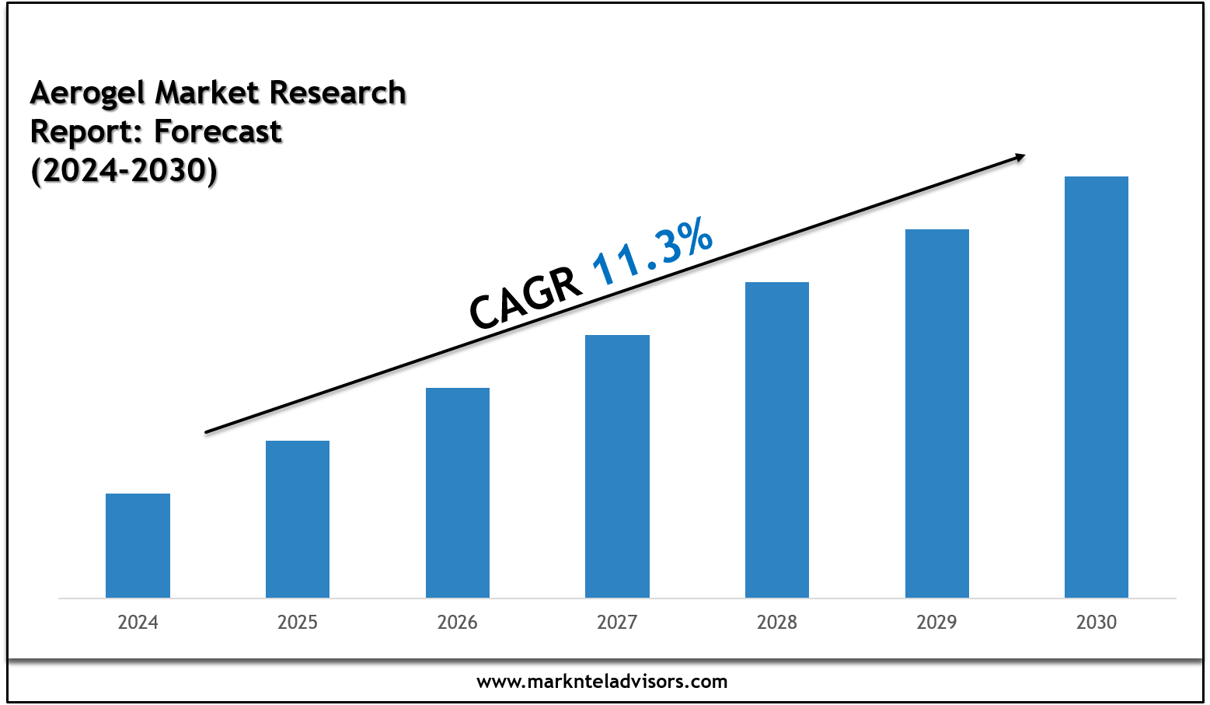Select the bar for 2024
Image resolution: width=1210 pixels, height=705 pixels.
pyautogui.click(x=138, y=545)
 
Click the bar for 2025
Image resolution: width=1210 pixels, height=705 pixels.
pyautogui.click(x=298, y=518)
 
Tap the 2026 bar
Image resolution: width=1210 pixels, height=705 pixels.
pyautogui.click(x=458, y=492)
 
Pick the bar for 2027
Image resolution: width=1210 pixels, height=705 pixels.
pyautogui.click(x=617, y=466)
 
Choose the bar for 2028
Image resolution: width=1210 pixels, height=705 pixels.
pyautogui.click(x=777, y=439)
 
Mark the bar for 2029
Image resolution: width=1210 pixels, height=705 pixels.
pyautogui.click(x=937, y=413)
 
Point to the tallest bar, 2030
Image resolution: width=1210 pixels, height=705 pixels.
pyautogui.click(x=1097, y=386)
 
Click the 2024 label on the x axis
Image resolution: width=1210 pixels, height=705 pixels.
pyautogui.click(x=138, y=623)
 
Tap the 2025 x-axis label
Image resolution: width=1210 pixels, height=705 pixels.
pyautogui.click(x=298, y=623)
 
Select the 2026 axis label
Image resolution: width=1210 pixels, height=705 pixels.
pyautogui.click(x=458, y=623)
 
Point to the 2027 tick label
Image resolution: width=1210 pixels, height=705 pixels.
pyautogui.click(x=617, y=623)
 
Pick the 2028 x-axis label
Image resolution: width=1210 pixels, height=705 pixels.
pyautogui.click(x=777, y=623)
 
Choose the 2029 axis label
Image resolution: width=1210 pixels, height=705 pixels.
pyautogui.click(x=937, y=623)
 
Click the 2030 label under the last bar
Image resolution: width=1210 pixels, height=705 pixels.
pyautogui.click(x=1097, y=623)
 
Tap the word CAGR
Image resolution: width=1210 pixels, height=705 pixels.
pyautogui.click(x=525, y=298)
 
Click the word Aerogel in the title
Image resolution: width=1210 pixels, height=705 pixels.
pyautogui.click(x=88, y=93)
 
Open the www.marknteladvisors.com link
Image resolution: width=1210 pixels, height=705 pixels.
pyautogui.click(x=602, y=682)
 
